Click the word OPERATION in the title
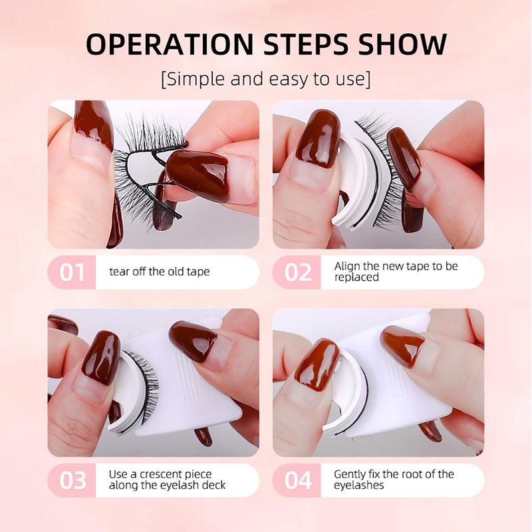(170, 44)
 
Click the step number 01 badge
(72, 272)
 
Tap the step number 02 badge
(297, 272)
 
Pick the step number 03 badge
(72, 480)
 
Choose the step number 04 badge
(297, 480)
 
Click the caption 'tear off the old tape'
(160, 272)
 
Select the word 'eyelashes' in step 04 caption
(358, 485)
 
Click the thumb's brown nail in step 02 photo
(318, 138)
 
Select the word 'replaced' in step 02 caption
(356, 277)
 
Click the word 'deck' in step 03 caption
(213, 485)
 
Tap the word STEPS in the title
(306, 44)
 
